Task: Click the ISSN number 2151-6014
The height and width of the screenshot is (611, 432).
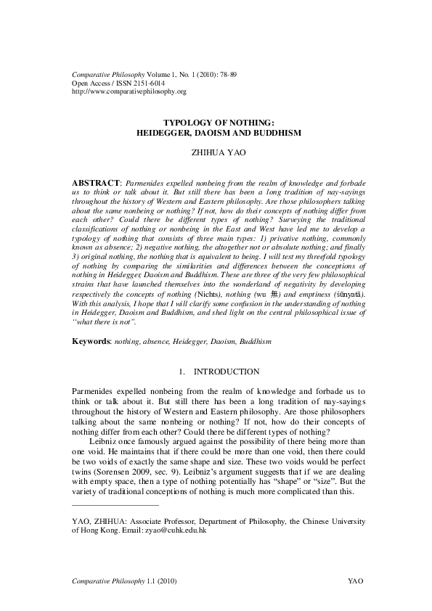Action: point(146,83)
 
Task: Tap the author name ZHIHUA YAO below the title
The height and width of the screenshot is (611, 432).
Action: point(216,154)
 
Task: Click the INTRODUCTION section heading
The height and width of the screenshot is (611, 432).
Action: point(227,372)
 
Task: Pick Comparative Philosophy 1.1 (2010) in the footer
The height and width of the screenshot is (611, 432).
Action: point(124,582)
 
